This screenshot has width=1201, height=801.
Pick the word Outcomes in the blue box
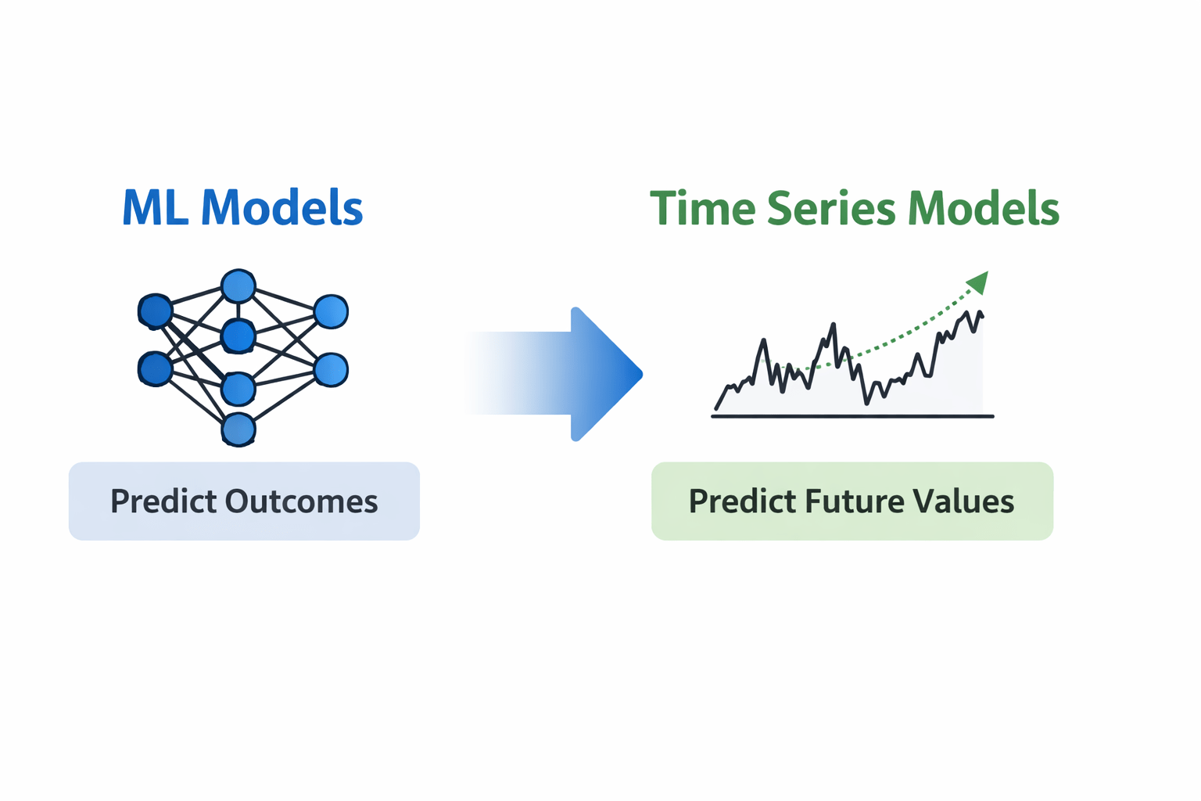(x=301, y=501)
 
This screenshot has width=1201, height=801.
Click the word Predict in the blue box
(x=163, y=501)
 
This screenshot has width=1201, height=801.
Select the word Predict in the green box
(x=741, y=501)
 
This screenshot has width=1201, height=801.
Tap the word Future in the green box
(x=848, y=501)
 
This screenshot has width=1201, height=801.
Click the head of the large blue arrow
(x=606, y=375)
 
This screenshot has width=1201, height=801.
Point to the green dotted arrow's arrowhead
(x=978, y=282)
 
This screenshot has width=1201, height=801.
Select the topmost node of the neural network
(x=238, y=286)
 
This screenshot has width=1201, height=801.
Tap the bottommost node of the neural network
(x=238, y=429)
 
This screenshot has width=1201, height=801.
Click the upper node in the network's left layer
(x=155, y=311)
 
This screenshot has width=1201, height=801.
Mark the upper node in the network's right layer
(x=331, y=311)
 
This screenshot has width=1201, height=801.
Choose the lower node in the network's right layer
(x=331, y=369)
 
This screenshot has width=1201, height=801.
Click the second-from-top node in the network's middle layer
(x=238, y=336)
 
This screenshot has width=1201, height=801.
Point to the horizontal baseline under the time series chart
(x=852, y=416)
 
